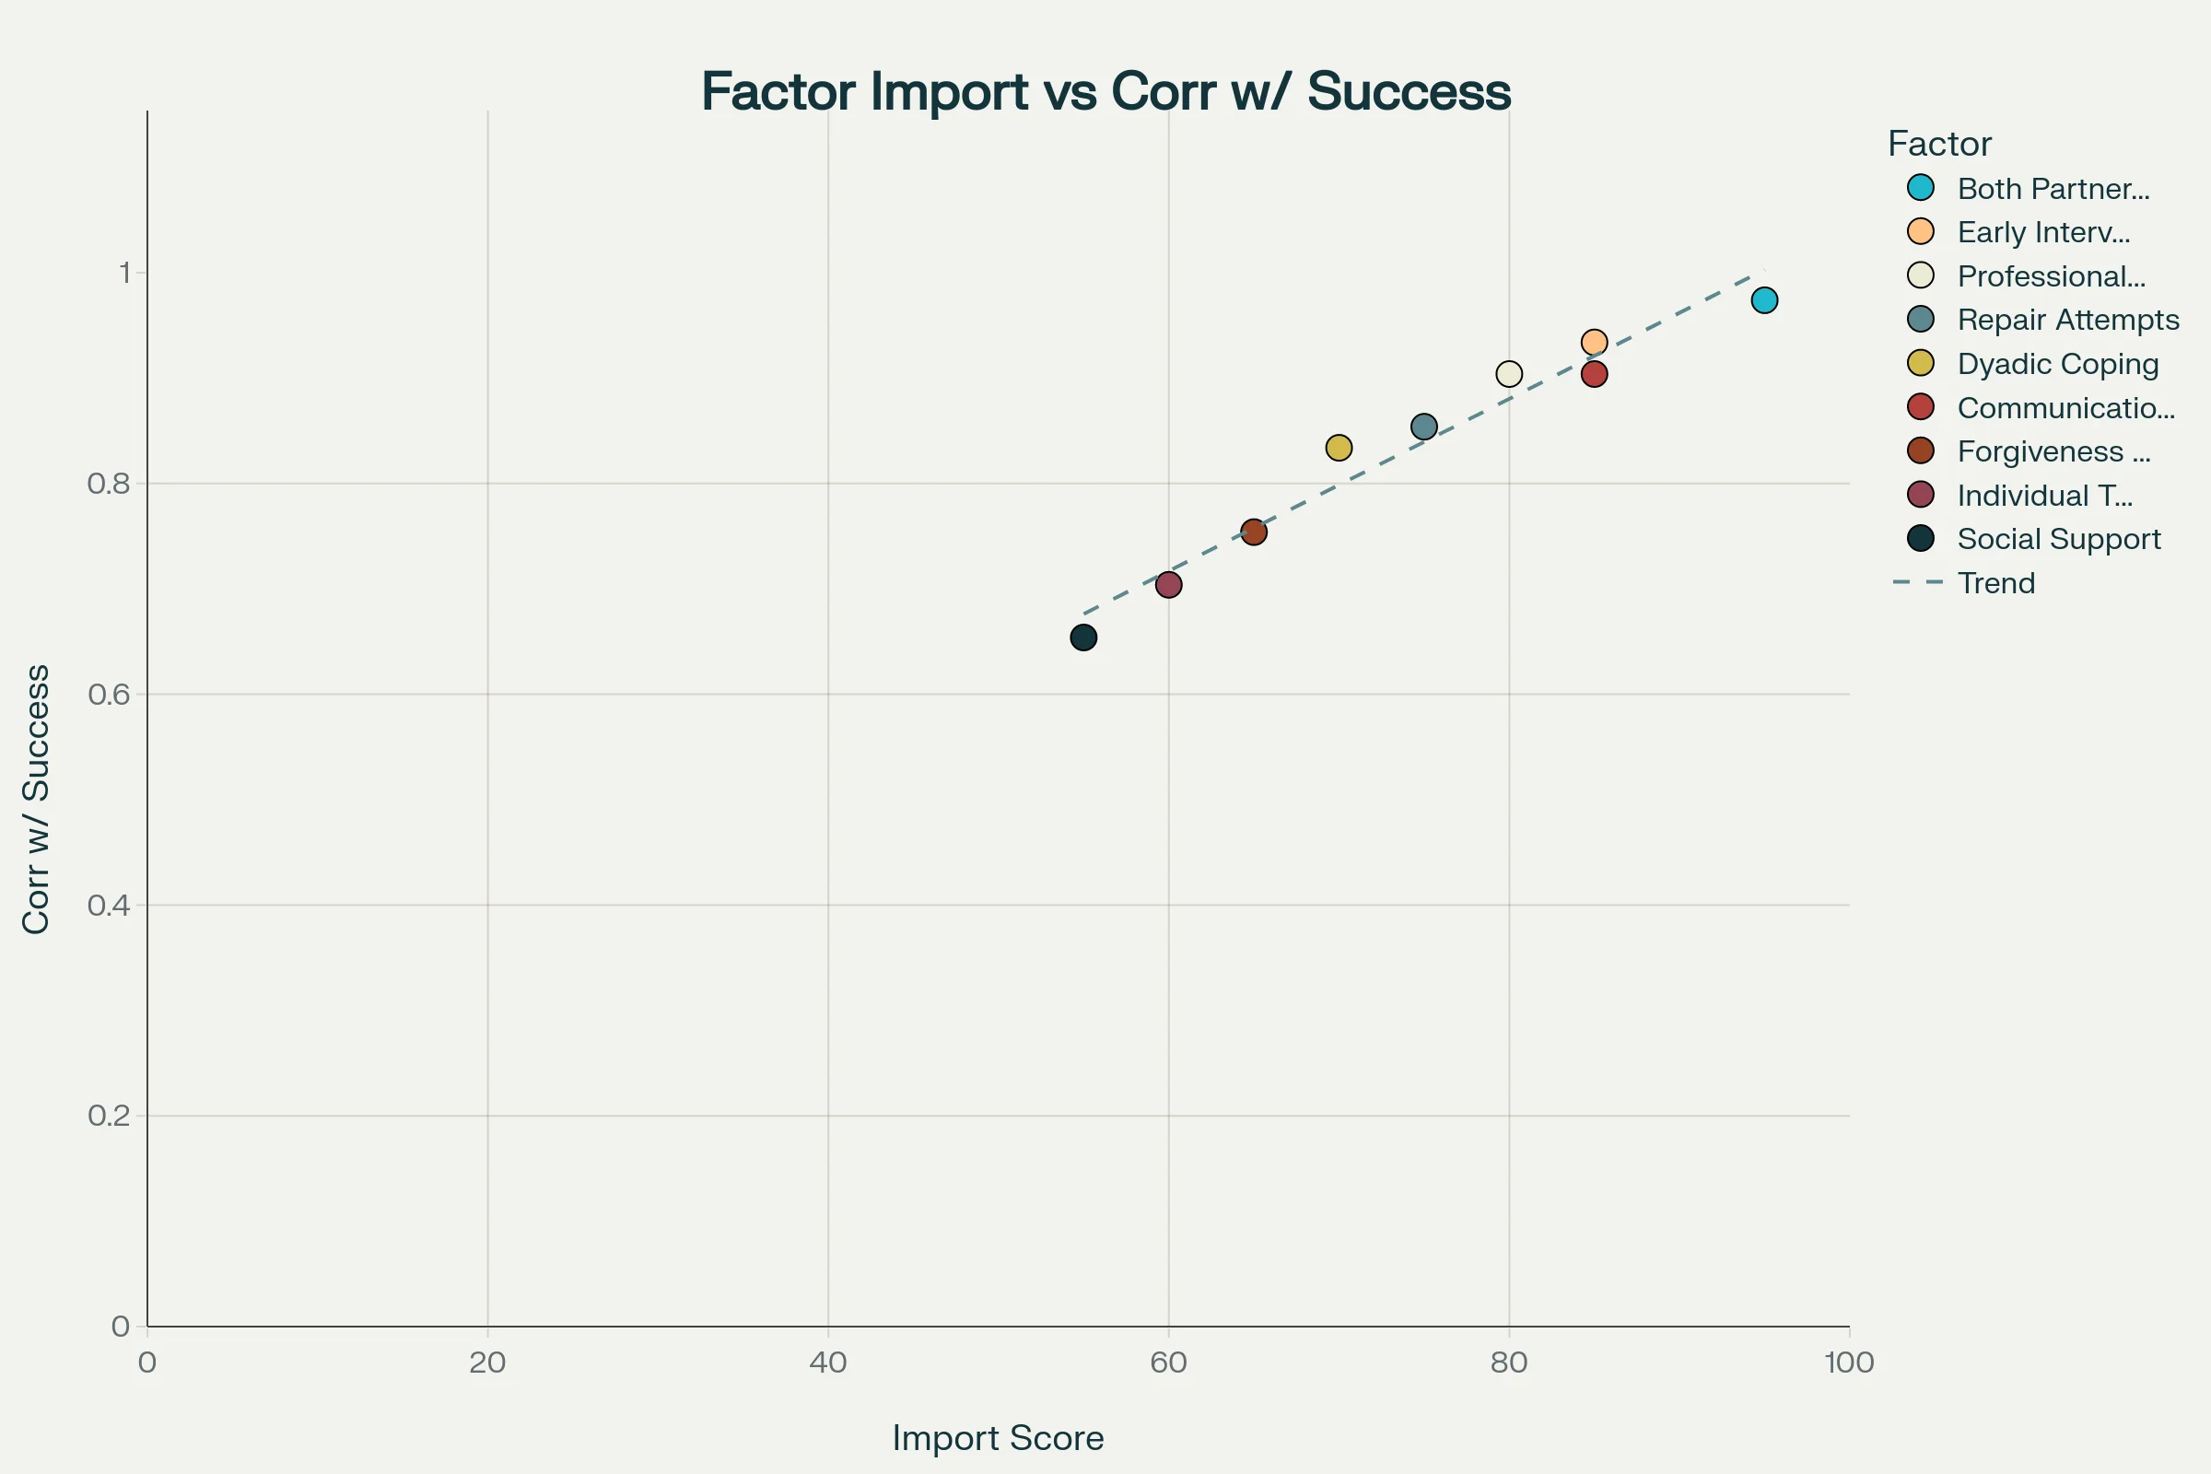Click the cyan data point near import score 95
pyautogui.click(x=1764, y=301)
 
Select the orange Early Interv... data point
pyautogui.click(x=1595, y=342)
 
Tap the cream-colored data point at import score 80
pyautogui.click(x=1509, y=374)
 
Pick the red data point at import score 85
pyautogui.click(x=1595, y=374)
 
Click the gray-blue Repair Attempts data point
pyautogui.click(x=1424, y=427)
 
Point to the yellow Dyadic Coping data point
pyautogui.click(x=1339, y=448)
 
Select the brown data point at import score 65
pyautogui.click(x=1254, y=532)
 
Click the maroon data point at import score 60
pyautogui.click(x=1168, y=585)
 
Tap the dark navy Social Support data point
pyautogui.click(x=1084, y=638)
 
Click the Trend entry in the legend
pyautogui.click(x=1995, y=584)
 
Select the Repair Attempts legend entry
pyautogui.click(x=2067, y=321)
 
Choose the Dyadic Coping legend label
pyautogui.click(x=2057, y=364)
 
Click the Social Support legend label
pyautogui.click(x=2058, y=540)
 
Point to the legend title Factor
pyautogui.click(x=1939, y=144)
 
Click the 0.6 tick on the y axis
pyautogui.click(x=108, y=695)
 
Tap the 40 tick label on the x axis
pyautogui.click(x=828, y=1363)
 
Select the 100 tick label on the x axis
pyautogui.click(x=1849, y=1363)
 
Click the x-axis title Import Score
pyautogui.click(x=998, y=1438)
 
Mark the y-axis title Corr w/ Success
pyautogui.click(x=36, y=799)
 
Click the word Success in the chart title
pyautogui.click(x=1409, y=92)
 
